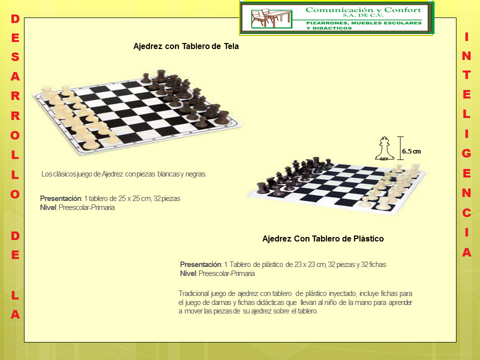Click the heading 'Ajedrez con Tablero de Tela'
click(186, 46)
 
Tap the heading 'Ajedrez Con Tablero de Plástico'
click(323, 239)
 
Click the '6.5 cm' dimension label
click(411, 151)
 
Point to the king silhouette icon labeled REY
click(384, 148)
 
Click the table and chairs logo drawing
click(271, 18)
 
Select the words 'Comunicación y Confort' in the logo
click(363, 10)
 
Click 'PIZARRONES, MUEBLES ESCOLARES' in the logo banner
click(364, 23)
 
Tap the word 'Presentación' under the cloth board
click(60, 198)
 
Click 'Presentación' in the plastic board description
click(200, 264)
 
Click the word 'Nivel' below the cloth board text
click(48, 207)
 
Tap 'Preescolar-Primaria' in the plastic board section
click(226, 273)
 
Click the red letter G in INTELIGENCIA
click(466, 153)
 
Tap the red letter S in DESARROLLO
click(15, 57)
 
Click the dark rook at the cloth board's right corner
click(222, 117)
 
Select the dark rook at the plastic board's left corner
click(261, 187)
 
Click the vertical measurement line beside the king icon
click(400, 148)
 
